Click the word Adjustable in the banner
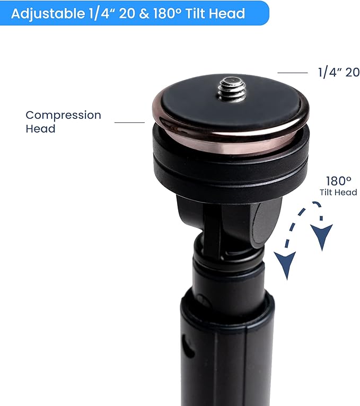click(x=48, y=13)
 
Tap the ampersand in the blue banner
click(x=144, y=13)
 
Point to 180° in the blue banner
click(x=168, y=13)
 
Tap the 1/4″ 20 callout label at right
click(x=339, y=73)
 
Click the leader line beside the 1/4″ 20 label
click(x=293, y=73)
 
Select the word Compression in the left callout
click(x=63, y=116)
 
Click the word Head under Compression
click(x=40, y=129)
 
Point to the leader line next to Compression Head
click(x=129, y=122)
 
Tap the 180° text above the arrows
click(x=338, y=181)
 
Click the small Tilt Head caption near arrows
click(x=338, y=192)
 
